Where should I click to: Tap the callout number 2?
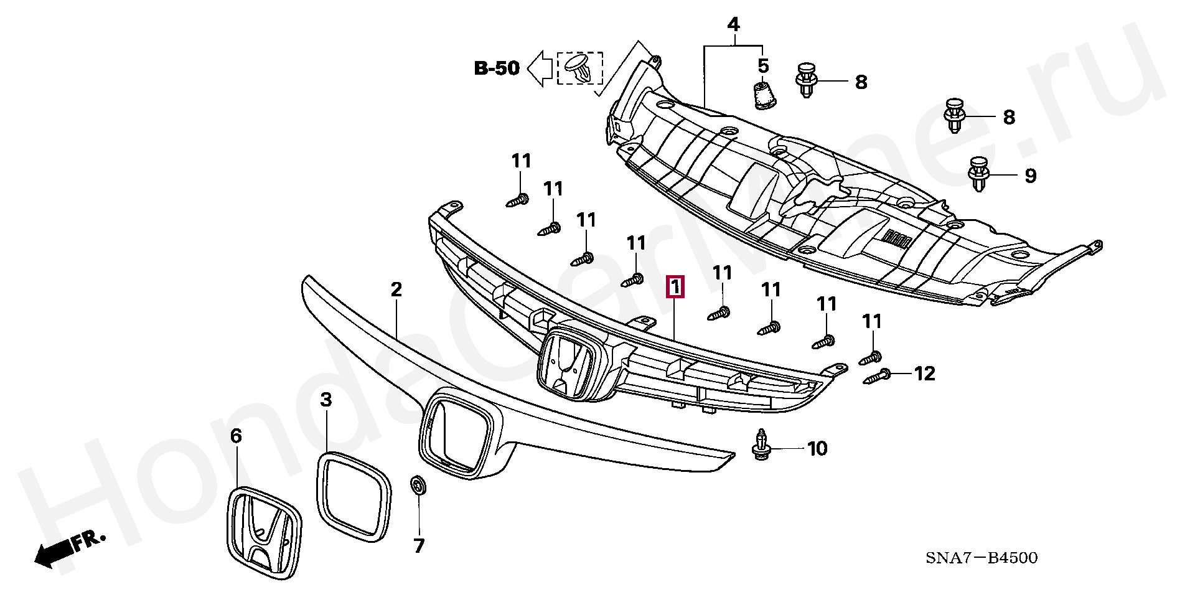coord(396,289)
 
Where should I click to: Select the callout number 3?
coord(326,400)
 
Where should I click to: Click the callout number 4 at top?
coord(733,25)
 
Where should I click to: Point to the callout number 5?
coord(763,65)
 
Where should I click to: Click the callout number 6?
coord(236,436)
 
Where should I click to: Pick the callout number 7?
coord(419,546)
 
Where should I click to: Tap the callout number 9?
coord(1031,176)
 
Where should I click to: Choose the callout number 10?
coord(817,448)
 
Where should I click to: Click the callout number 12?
coord(925,374)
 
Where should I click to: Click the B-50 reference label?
coord(497,68)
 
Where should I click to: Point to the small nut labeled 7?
coord(418,485)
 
